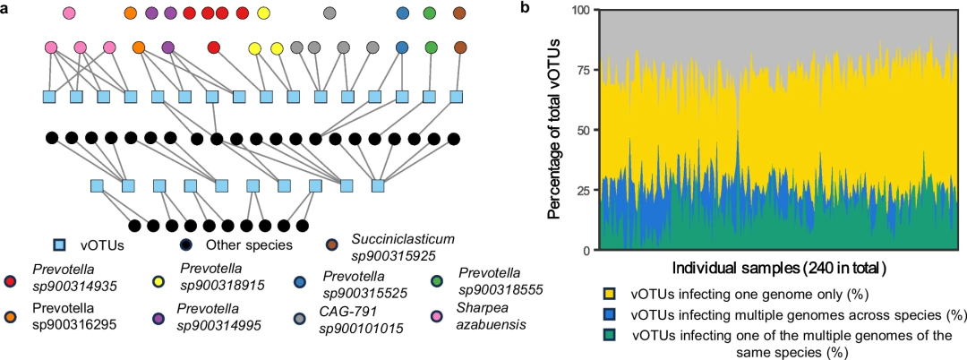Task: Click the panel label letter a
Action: tap(7, 8)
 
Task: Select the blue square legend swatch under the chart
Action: tap(609, 314)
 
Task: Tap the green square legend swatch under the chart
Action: tap(609, 335)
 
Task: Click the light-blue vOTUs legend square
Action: tap(60, 244)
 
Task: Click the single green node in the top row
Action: tap(431, 13)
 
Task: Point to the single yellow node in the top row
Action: tap(263, 13)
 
